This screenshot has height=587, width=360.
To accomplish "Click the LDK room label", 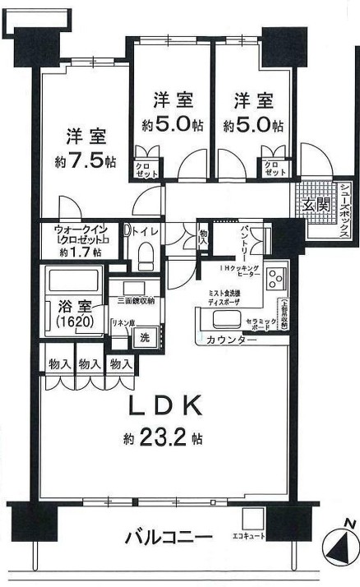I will [x=163, y=405].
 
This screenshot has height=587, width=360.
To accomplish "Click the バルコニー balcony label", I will [x=168, y=538].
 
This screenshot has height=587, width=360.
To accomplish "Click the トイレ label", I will [x=145, y=233].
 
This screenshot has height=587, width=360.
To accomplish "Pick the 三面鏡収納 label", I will [x=133, y=302].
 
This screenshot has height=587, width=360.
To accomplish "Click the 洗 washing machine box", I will [x=143, y=336].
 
